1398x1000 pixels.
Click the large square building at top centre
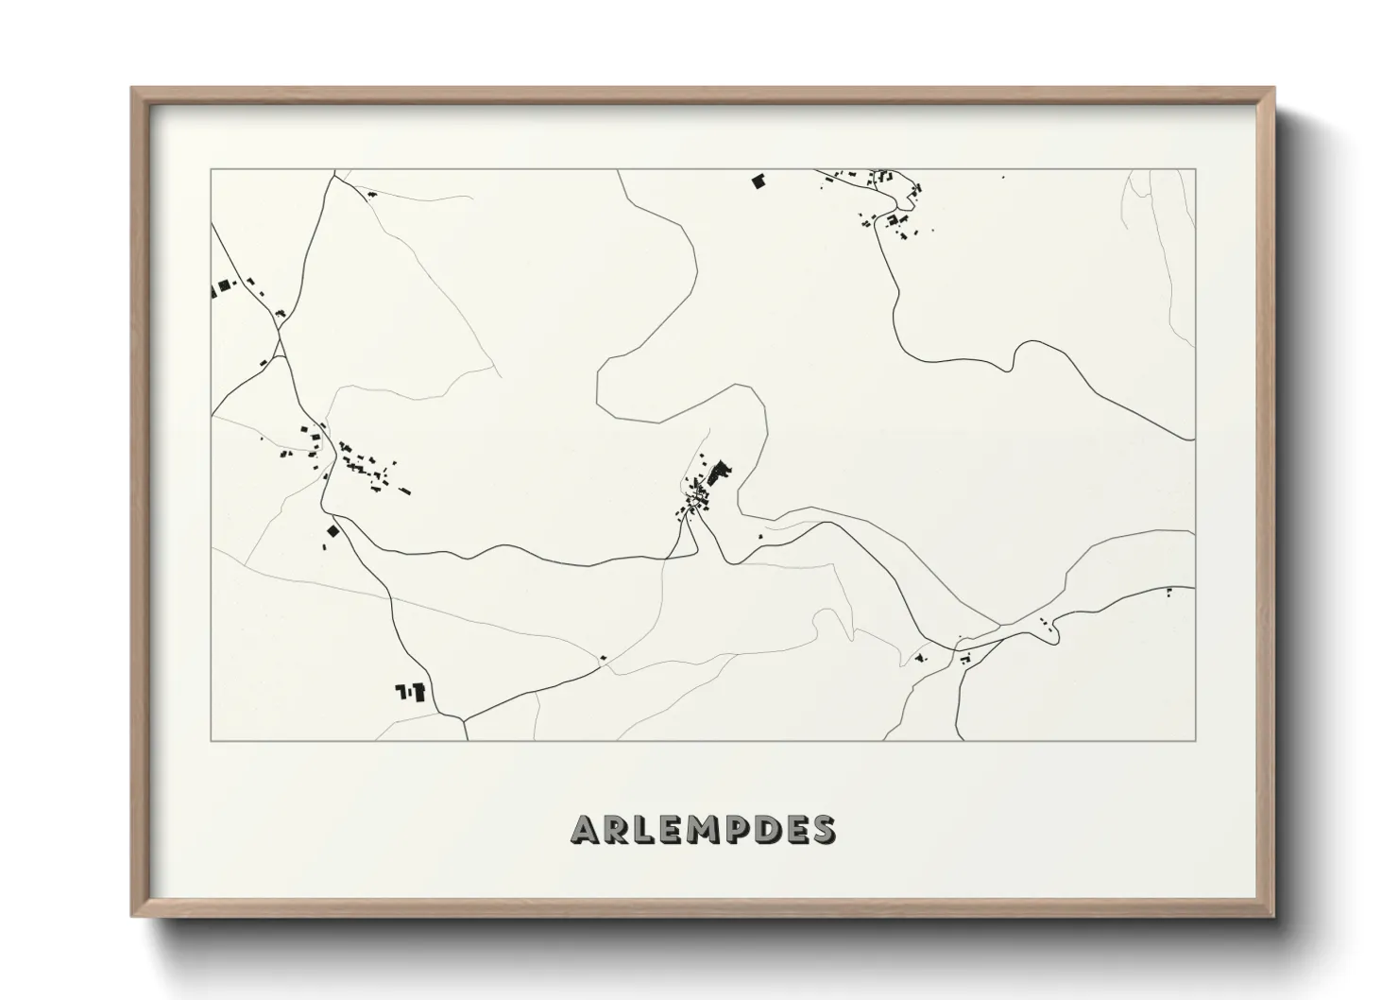click(757, 181)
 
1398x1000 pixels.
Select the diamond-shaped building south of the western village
click(332, 532)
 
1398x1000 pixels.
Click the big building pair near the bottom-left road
click(412, 692)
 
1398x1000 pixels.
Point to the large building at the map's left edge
click(224, 285)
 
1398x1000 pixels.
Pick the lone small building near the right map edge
click(1169, 592)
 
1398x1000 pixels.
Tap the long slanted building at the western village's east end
click(404, 490)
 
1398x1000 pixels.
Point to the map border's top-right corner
click(1195, 170)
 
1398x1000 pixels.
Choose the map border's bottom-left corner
click(212, 740)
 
